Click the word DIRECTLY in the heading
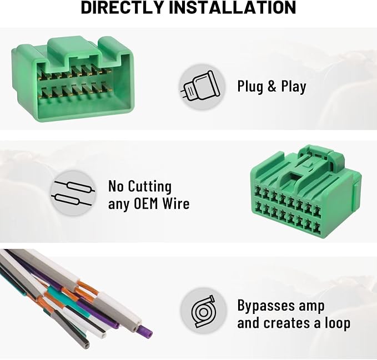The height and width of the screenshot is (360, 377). [x=123, y=7]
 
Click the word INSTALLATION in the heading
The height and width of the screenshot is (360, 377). [x=232, y=7]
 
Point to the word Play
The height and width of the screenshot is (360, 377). [x=294, y=87]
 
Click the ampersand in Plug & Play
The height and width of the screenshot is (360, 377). [x=272, y=87]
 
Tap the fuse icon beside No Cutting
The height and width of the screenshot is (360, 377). [x=73, y=194]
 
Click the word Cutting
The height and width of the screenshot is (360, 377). [x=149, y=186]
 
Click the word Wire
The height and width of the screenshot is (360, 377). [x=176, y=204]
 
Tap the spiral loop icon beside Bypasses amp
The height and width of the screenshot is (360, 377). [x=203, y=311]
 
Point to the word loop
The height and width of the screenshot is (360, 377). [x=338, y=323]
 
